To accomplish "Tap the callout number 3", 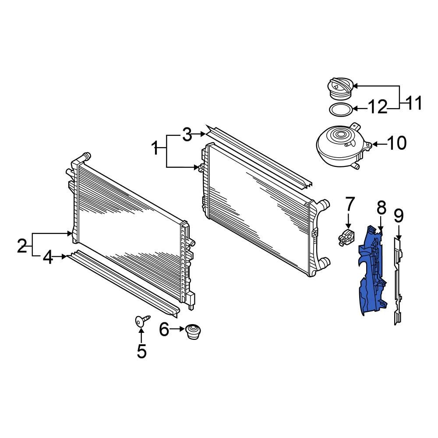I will click(x=187, y=135).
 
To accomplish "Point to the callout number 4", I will click(x=48, y=258).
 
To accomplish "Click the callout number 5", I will click(x=141, y=351).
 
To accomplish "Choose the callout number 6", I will click(x=164, y=329).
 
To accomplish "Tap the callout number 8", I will click(x=381, y=207).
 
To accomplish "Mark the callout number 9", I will click(x=398, y=215).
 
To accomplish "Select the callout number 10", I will click(x=397, y=143).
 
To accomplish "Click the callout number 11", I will click(x=414, y=104).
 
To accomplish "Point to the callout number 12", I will click(x=378, y=107).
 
